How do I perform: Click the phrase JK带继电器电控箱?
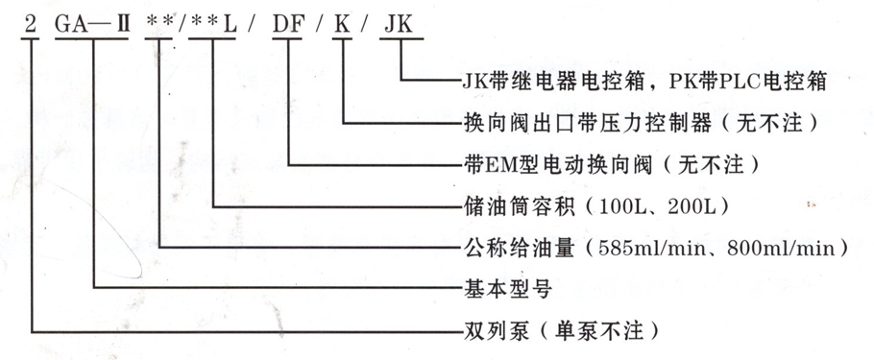(557, 83)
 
